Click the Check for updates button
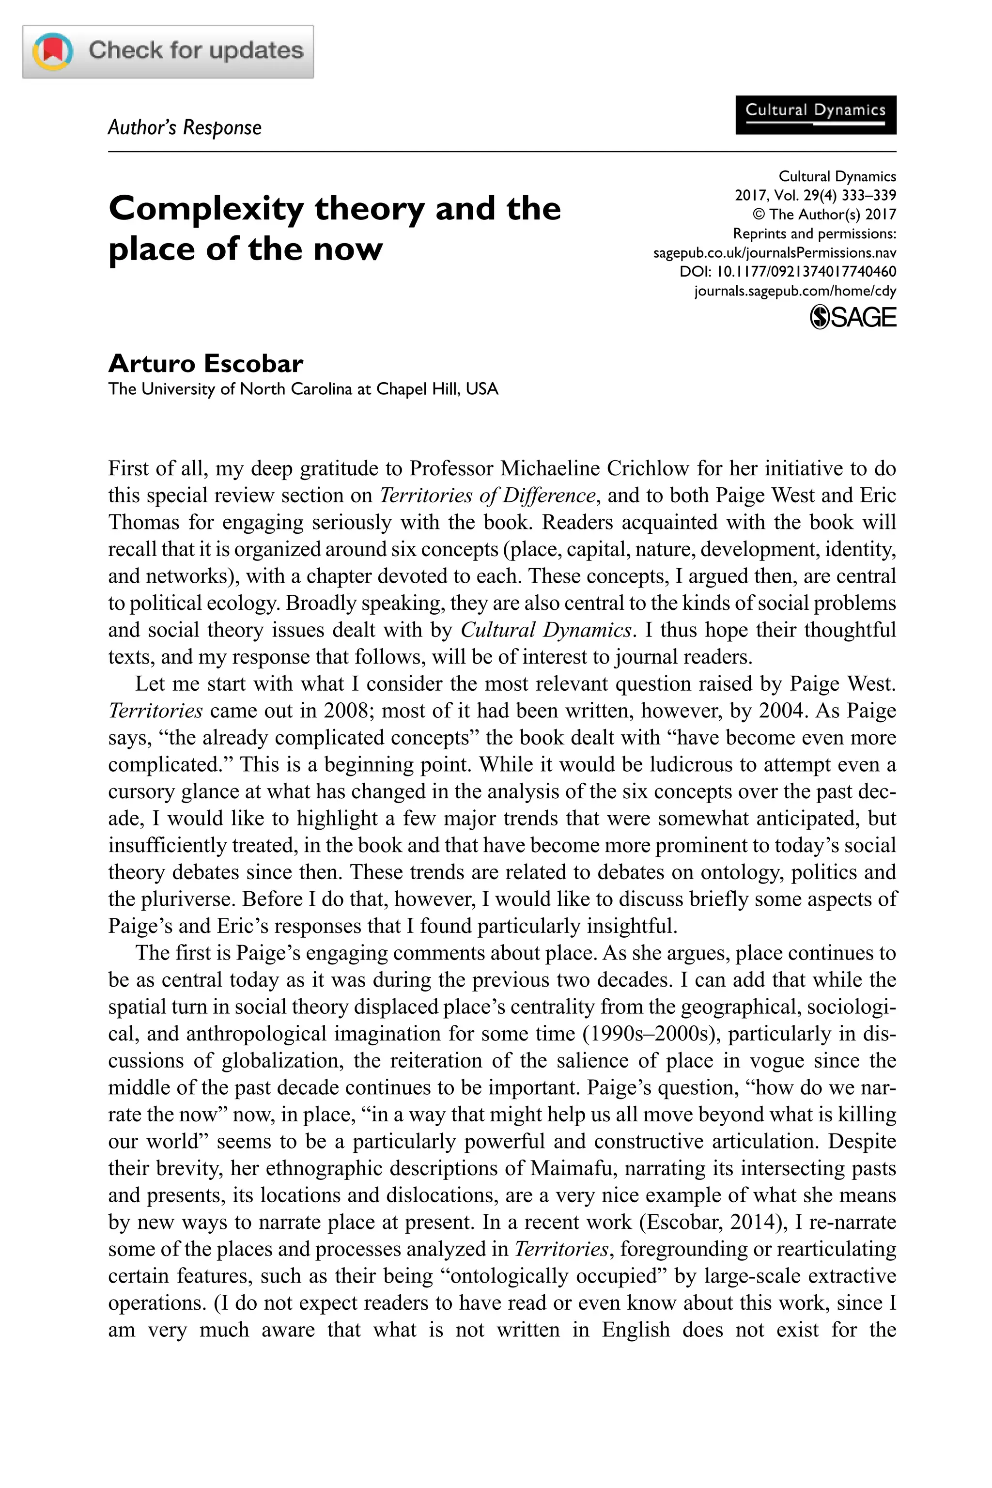(x=168, y=52)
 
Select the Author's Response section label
(x=184, y=128)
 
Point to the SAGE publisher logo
(x=853, y=317)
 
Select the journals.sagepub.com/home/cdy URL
(x=794, y=291)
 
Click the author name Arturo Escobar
(x=205, y=364)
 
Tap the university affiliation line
(x=303, y=388)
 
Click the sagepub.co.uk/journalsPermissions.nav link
(x=775, y=253)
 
